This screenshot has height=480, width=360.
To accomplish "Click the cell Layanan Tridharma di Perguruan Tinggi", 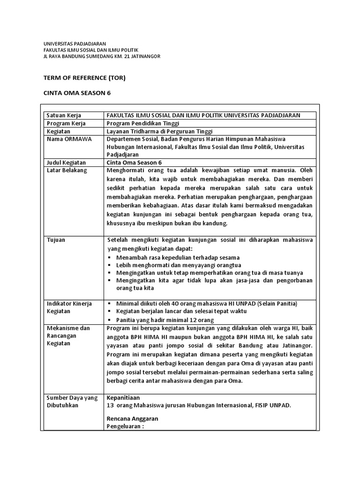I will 159,131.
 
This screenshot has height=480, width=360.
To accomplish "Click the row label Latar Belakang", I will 66,170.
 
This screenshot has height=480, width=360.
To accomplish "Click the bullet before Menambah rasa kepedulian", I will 110,258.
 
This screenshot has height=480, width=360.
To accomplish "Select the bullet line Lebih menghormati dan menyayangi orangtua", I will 169,265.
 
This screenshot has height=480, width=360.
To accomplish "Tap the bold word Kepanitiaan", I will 124,397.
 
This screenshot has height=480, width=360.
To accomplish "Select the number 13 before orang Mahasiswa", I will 111,405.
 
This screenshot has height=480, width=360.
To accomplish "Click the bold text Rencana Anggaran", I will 132,418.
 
